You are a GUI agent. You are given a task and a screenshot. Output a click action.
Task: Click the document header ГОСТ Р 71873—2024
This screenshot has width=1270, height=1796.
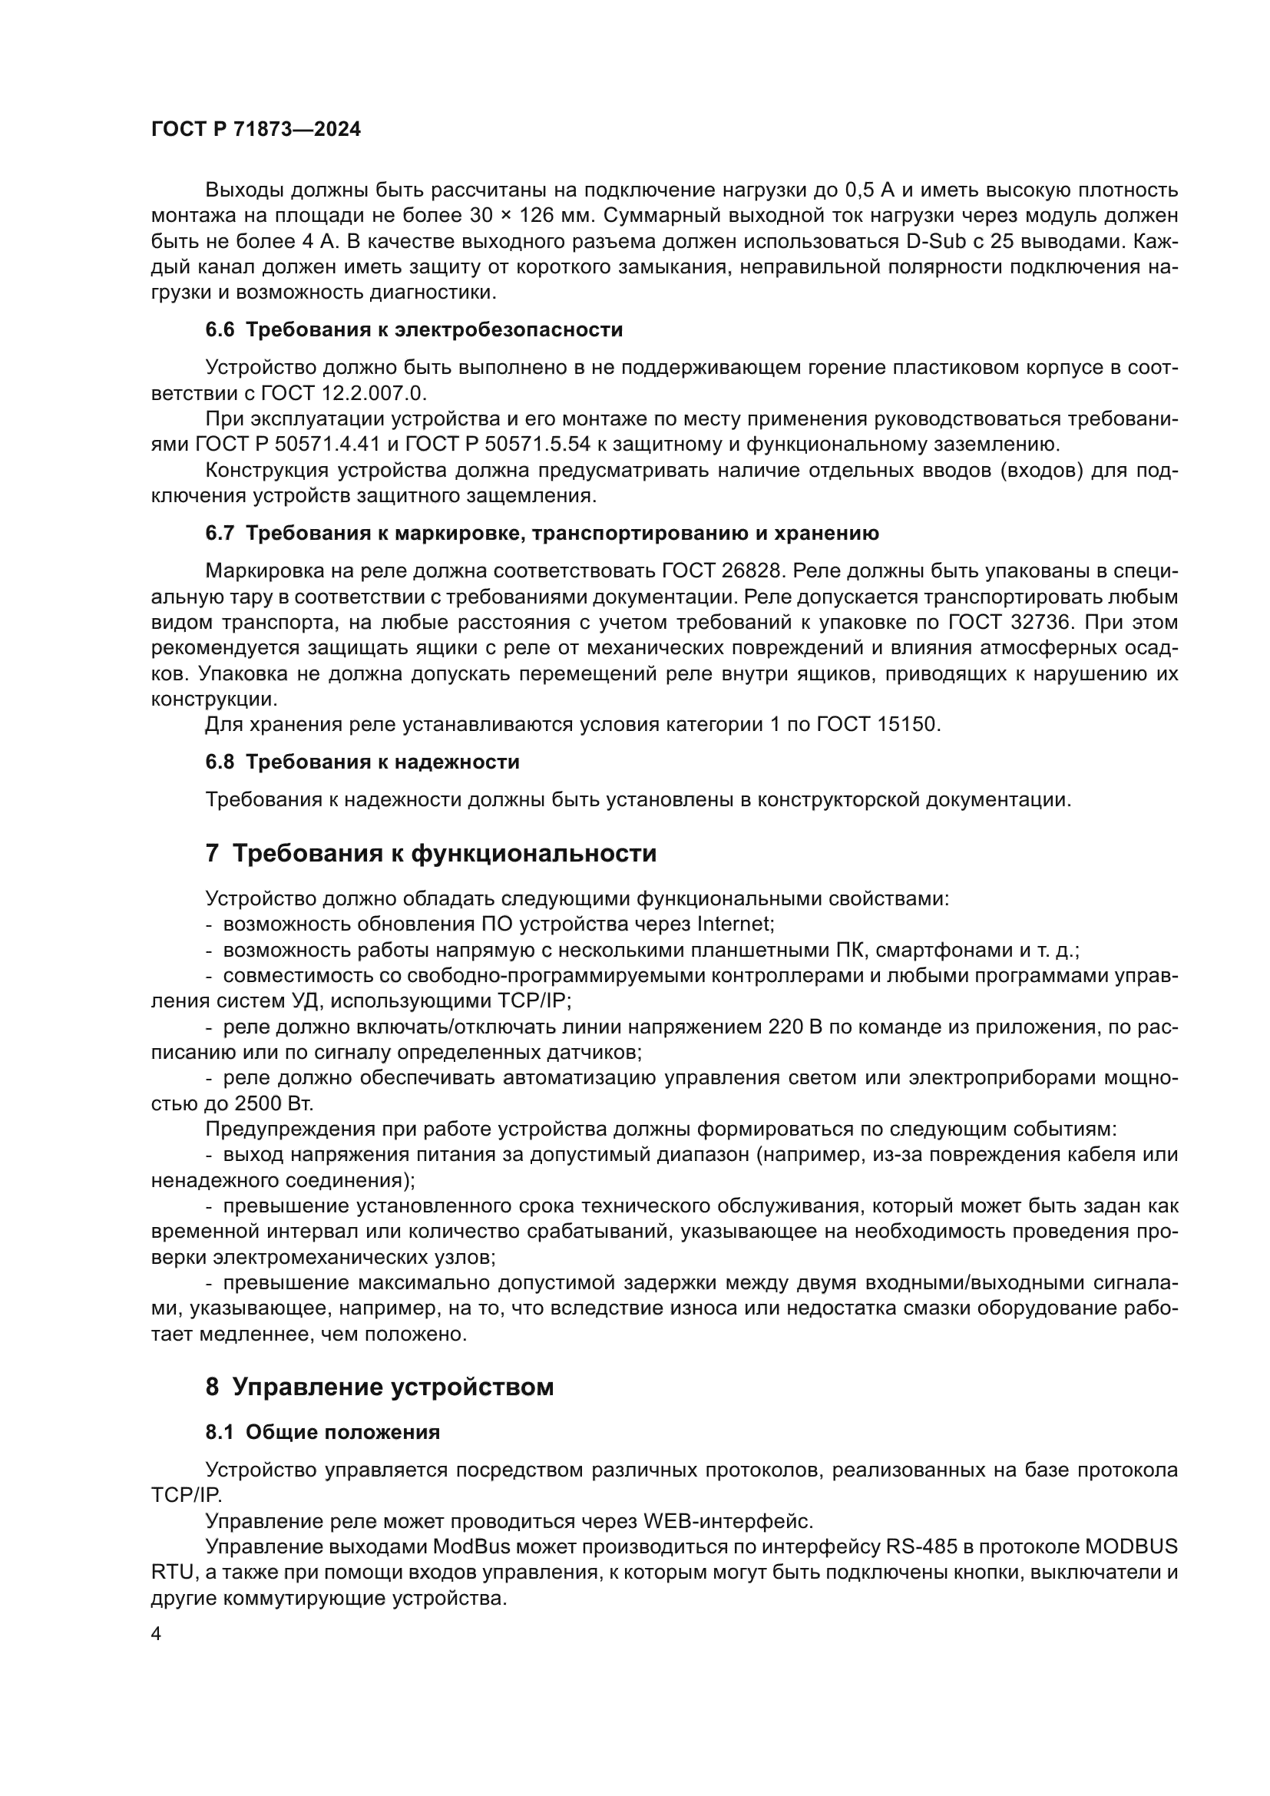click(256, 129)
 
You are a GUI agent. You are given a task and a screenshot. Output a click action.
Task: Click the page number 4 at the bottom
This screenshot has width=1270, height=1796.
click(157, 1635)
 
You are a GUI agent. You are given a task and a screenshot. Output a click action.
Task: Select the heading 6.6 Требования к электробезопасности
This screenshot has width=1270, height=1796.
click(414, 329)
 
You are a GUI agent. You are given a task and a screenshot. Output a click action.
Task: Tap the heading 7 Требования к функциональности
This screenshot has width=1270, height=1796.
click(431, 853)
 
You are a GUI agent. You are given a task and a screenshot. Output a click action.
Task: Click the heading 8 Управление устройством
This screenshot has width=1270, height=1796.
click(379, 1387)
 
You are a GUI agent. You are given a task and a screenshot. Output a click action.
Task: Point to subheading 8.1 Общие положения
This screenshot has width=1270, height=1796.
click(322, 1432)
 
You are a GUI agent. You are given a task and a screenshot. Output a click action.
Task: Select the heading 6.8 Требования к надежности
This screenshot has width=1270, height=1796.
click(362, 761)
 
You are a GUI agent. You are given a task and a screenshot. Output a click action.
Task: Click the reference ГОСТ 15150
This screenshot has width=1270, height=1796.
click(878, 724)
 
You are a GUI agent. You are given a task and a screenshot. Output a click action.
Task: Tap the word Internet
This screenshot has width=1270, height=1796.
click(733, 924)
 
